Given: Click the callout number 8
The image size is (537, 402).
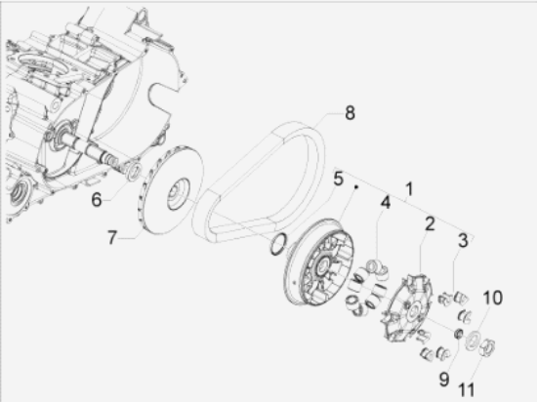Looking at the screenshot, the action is coord(350,112).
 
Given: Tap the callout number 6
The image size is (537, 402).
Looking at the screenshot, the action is coord(97,199).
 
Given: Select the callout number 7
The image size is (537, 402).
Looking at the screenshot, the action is coord(112,237).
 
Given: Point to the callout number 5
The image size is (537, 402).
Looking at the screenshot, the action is coord(338,179).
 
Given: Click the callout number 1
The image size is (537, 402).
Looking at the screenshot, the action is coord(409,189).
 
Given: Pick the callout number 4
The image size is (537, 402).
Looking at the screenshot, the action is coord(386,203).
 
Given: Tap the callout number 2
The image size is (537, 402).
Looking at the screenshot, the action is coord(430,224).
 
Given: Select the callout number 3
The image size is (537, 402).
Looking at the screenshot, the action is coord(463,240).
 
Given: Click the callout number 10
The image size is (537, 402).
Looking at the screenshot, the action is coord(492,298).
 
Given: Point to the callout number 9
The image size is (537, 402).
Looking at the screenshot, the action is coord(444,380).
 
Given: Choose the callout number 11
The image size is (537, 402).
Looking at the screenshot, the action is coord(467,389).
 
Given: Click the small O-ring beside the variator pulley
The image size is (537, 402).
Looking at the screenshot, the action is coord(278,245).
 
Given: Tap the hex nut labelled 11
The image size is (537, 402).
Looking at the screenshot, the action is coord(487,347).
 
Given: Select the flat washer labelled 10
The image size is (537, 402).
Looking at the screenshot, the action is coord(473,341).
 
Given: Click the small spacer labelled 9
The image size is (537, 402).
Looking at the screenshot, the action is coord(459,334).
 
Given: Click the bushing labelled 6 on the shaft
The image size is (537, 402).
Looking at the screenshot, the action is coord(133,171).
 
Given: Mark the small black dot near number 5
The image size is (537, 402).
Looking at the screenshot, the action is coord(356,186).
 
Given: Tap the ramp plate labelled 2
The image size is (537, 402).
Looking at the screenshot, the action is coord(407,308).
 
